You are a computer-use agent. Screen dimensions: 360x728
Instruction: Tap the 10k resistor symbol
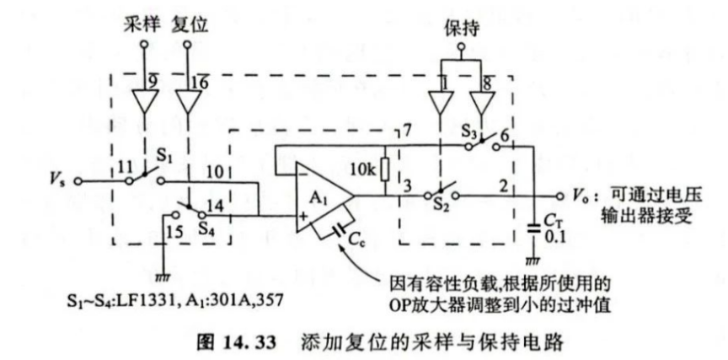384,168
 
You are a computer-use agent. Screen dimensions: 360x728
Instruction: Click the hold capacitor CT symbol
533,226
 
